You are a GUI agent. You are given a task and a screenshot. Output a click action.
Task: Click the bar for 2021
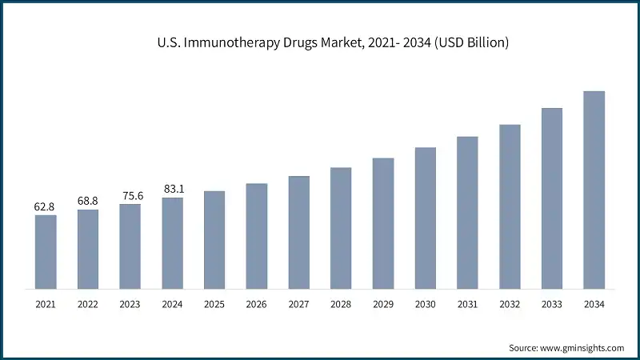(x=46, y=251)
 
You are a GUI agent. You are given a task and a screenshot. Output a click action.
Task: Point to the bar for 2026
(x=256, y=235)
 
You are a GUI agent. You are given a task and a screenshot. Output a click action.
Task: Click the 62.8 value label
(x=45, y=206)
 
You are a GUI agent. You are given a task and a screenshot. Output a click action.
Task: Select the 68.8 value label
(x=87, y=201)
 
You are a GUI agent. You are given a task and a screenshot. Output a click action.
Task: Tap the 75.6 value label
(x=130, y=195)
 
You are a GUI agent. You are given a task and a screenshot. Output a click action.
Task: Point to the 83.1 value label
(x=172, y=189)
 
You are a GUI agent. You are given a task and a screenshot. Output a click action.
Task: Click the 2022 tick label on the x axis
(x=87, y=304)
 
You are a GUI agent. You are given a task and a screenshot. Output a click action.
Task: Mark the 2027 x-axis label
(x=298, y=304)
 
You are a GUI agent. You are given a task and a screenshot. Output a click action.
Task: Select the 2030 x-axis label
(x=425, y=304)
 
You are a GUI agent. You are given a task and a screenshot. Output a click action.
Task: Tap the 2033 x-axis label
(x=552, y=304)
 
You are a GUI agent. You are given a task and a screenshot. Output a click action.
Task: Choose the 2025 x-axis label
(x=214, y=304)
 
